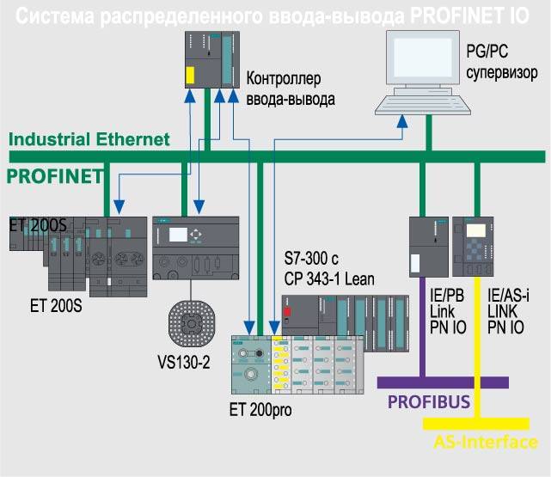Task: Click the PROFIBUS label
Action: coord(428,401)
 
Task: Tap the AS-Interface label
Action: coord(487,442)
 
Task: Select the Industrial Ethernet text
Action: coord(89,138)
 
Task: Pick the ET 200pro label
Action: coord(260,409)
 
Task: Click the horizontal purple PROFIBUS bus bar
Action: coord(455,382)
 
